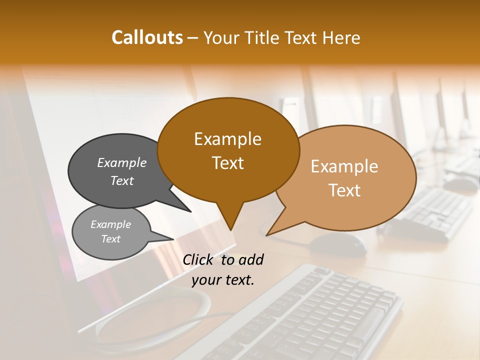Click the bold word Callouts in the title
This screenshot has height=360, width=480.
tap(147, 37)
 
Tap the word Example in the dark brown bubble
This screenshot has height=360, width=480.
tap(227, 139)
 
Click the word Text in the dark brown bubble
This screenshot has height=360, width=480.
tap(227, 163)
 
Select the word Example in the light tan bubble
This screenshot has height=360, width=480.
tap(344, 166)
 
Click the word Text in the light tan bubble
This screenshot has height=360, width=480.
tap(344, 190)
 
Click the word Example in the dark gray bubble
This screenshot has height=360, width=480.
tap(122, 163)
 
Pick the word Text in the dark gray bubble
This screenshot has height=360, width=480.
tap(122, 180)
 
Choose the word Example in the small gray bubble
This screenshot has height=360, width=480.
tap(110, 224)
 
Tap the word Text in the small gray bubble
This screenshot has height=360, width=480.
tap(110, 239)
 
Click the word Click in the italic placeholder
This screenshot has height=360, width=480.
tap(198, 259)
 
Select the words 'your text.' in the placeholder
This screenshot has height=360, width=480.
tap(223, 280)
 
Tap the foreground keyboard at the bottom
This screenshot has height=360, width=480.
tap(310, 320)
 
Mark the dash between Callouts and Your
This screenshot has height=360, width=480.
tap(192, 38)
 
